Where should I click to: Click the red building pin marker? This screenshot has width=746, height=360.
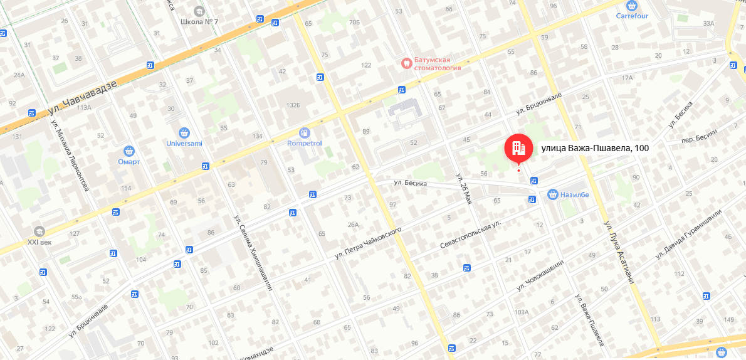click(518, 148)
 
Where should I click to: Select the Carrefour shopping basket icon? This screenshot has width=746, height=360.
click(631, 5)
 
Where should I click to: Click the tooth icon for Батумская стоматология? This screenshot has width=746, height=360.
click(406, 63)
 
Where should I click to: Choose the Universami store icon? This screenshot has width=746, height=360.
click(184, 132)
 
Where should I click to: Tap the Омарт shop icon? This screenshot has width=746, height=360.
click(129, 151)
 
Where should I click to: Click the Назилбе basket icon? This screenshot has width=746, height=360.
click(552, 194)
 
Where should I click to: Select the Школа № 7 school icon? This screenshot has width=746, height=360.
click(199, 11)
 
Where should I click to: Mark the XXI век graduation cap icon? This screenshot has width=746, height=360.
click(41, 231)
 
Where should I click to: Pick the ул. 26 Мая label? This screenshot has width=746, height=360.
click(463, 188)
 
